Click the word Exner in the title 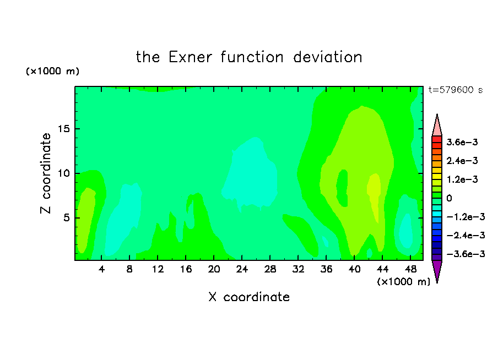190,57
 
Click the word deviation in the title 327,57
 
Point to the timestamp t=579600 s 456,90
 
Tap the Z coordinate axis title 45,173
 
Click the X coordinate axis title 249,297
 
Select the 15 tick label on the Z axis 63,129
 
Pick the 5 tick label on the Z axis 67,218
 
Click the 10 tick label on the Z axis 63,173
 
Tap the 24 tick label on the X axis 242,269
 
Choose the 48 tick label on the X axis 410,269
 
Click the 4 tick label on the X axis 101,269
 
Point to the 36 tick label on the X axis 326,269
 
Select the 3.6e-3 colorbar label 462,142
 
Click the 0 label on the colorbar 449,198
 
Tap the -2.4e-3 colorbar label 465,235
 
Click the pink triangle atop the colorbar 437,126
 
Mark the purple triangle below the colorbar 437,270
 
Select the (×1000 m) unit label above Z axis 53,71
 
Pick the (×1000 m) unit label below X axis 403,282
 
